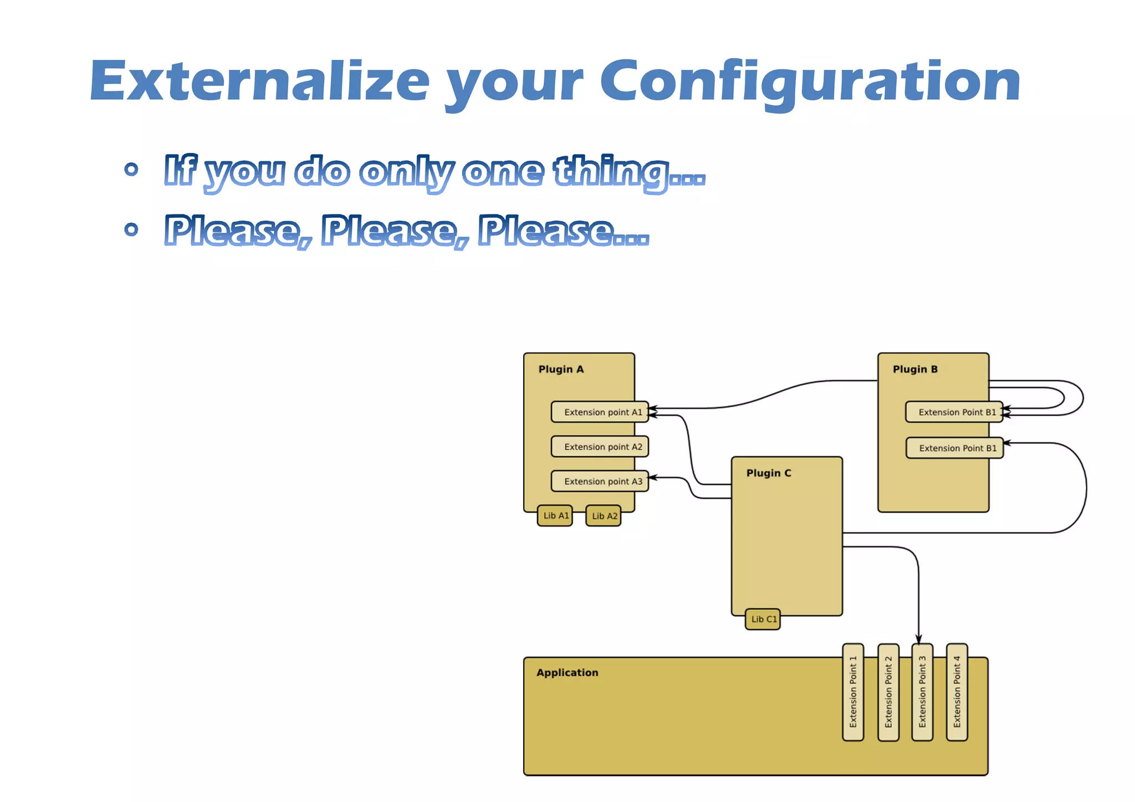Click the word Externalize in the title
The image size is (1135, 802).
coord(259,81)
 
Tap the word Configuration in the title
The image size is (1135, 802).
coord(810,81)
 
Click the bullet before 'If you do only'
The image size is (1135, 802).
coord(131,169)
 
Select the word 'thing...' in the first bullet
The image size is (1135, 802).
coord(629,172)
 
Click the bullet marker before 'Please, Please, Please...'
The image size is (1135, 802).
coord(131,229)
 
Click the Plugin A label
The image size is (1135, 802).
coord(561,369)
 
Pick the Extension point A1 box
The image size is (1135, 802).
coord(600,412)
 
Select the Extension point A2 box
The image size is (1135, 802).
coord(600,447)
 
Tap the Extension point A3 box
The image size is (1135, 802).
coord(600,481)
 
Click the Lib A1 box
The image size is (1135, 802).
coord(555,515)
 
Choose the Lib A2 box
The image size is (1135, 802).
coord(603,516)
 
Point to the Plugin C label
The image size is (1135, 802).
coord(769,473)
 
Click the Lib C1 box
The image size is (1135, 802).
coord(763,619)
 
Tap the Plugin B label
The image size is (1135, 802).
coord(915,369)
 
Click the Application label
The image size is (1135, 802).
coord(567,672)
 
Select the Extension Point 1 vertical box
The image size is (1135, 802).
coord(853,692)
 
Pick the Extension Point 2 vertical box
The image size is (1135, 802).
coord(888,692)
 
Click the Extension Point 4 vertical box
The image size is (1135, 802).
coord(957,692)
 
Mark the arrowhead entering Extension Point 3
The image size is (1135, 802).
coord(918,640)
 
